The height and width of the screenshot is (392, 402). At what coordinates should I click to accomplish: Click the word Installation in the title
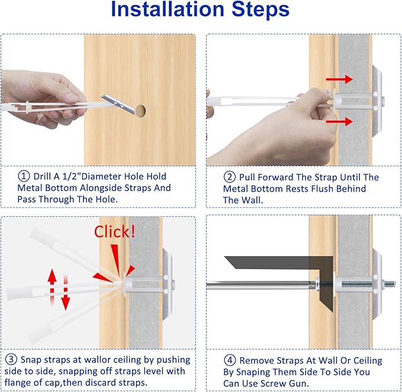[168, 9]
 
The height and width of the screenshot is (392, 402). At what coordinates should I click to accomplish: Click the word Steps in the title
[261, 9]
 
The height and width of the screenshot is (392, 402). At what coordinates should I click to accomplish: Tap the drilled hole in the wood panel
[140, 111]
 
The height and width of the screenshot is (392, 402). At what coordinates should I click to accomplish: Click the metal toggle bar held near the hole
[118, 104]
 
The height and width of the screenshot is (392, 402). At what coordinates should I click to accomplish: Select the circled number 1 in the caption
[23, 176]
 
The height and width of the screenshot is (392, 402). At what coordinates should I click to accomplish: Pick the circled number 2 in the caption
[229, 177]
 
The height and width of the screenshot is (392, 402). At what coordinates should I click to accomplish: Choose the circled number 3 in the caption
[11, 359]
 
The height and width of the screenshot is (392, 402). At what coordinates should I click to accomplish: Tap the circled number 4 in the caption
[230, 360]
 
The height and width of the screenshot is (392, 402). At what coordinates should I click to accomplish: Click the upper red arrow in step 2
[339, 79]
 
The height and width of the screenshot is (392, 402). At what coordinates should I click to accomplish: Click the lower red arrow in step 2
[339, 122]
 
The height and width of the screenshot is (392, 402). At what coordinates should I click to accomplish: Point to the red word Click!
[115, 232]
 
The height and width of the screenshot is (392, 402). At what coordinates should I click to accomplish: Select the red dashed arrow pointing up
[52, 287]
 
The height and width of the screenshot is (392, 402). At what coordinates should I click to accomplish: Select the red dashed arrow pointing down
[66, 293]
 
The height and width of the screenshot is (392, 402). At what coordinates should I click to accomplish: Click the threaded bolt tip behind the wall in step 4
[390, 284]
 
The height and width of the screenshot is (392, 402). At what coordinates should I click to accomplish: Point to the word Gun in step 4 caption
[298, 383]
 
